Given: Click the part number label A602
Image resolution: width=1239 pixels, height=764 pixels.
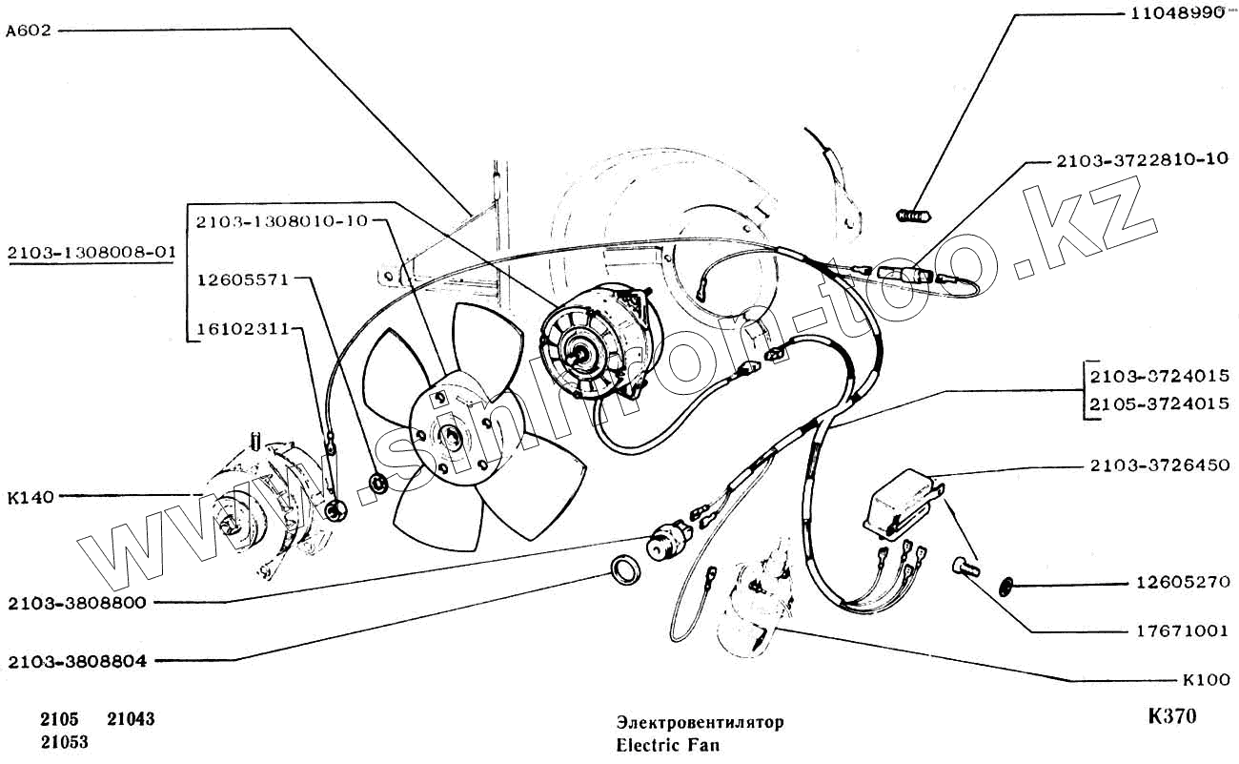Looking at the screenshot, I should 27,30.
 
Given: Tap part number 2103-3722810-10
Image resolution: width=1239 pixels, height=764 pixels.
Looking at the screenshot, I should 1142,160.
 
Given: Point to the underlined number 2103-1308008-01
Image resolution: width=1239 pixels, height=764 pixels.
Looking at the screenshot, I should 91,253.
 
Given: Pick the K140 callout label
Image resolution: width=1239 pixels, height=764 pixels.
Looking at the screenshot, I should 29,496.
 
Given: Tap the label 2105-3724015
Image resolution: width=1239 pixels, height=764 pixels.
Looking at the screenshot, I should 1158,403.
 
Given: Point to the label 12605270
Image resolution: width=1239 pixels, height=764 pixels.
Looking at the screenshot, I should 1181,581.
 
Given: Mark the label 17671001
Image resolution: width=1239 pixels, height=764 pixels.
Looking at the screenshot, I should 1181,630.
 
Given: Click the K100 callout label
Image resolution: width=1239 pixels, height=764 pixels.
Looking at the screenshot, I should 1205,681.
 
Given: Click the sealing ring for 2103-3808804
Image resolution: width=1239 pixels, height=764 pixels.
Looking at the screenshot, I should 625,569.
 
